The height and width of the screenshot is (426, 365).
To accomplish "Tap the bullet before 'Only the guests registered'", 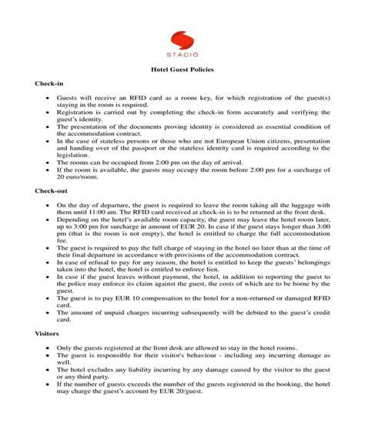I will pyautogui.click(x=49, y=348).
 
